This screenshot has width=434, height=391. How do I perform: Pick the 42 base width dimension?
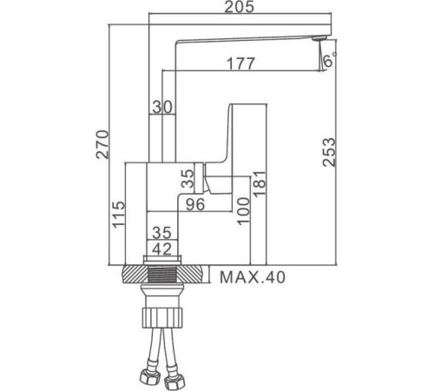(x=162, y=248)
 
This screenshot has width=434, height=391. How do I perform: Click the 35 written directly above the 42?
(x=162, y=233)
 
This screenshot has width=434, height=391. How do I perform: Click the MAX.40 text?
(x=253, y=278)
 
